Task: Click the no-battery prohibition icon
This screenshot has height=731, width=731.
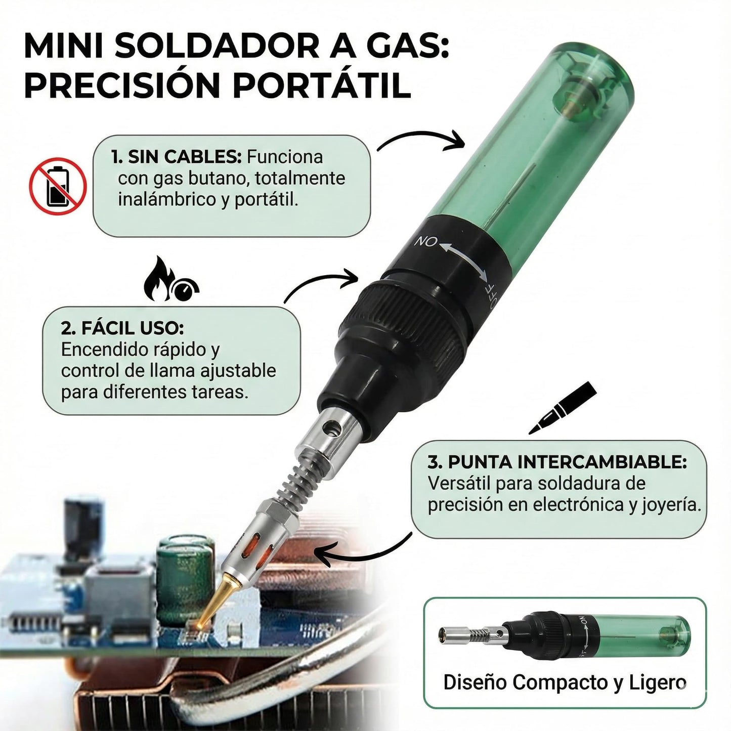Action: point(58,186)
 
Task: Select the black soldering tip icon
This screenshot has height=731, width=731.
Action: point(563,408)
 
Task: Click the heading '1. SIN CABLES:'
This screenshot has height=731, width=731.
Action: point(176,157)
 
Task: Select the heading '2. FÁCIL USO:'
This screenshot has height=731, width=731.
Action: point(122,328)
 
